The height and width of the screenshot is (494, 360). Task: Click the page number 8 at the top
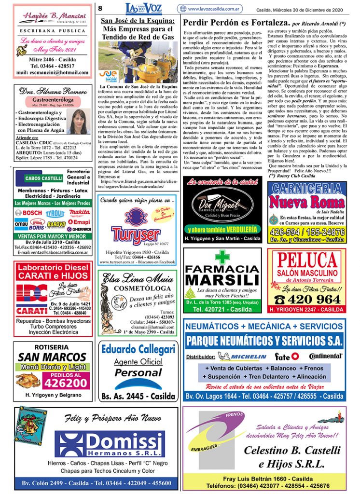tap(101, 8)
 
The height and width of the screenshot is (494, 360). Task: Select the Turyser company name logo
tap(136, 234)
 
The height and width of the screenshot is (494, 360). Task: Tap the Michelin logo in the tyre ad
tap(242, 357)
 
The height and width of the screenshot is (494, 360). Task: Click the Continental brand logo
tap(326, 357)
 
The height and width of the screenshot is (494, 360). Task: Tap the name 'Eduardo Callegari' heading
tap(138, 349)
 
